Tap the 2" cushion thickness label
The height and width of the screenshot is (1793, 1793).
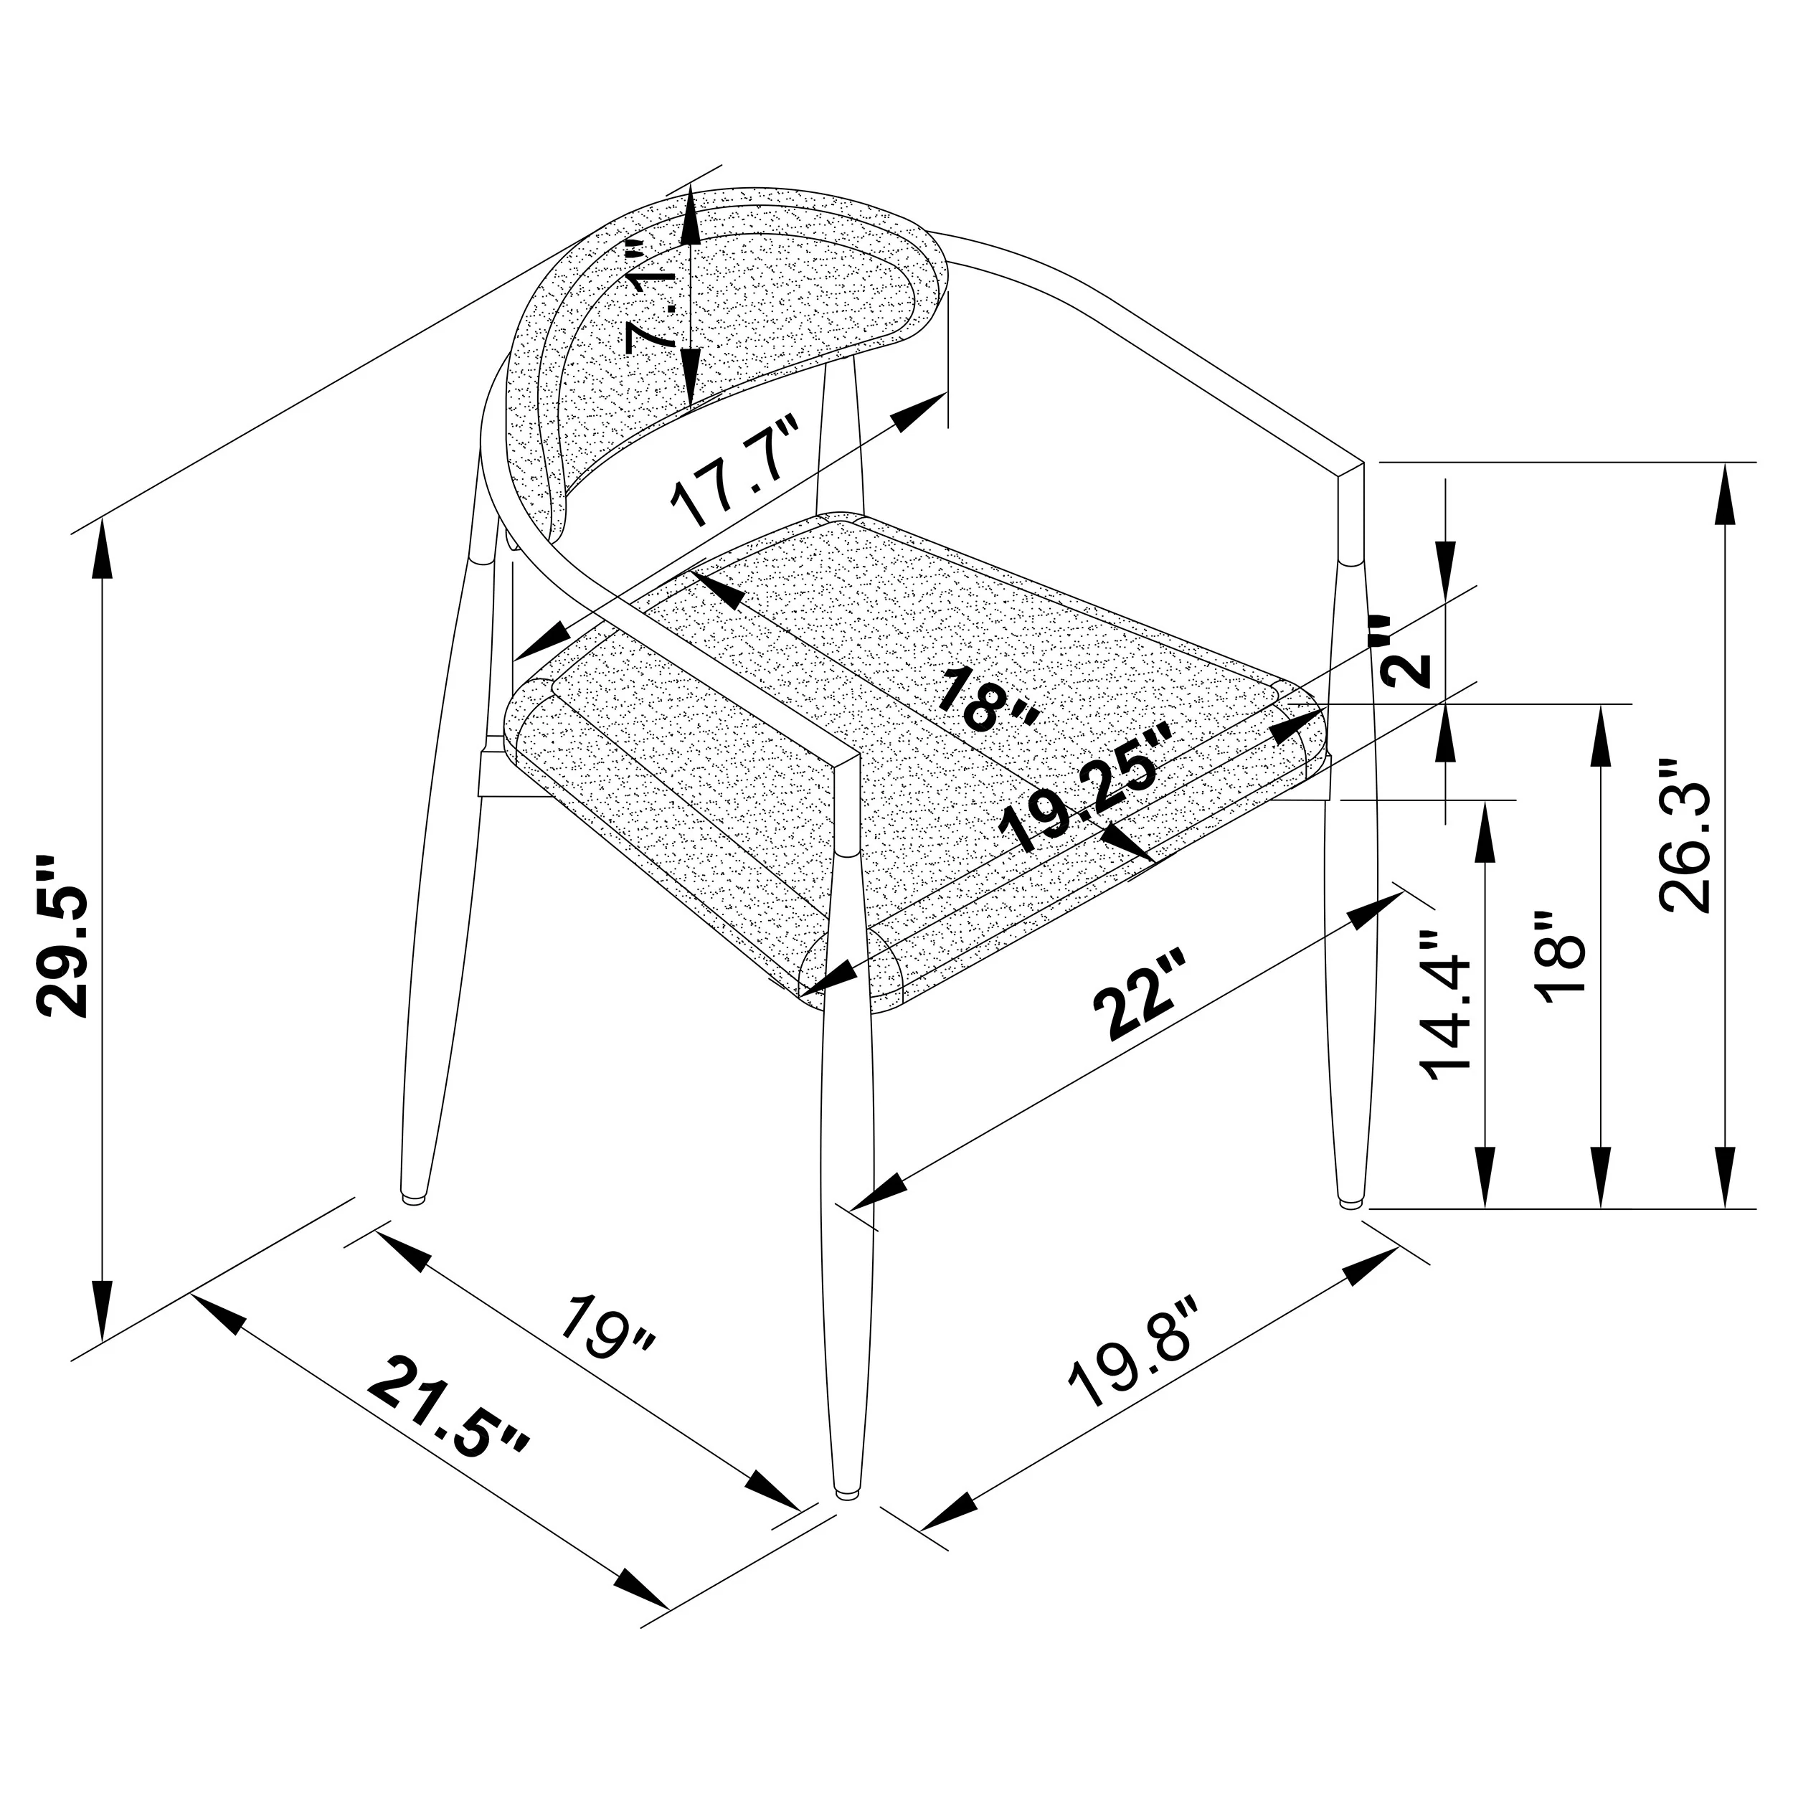click(1404, 650)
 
